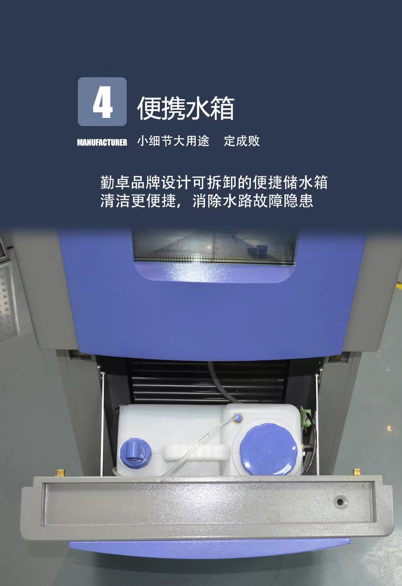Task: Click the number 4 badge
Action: [102, 102]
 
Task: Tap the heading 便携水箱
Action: [185, 109]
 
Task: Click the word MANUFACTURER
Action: [102, 142]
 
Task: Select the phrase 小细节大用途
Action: [173, 141]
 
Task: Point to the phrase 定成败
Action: [242, 141]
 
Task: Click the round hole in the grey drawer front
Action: [340, 502]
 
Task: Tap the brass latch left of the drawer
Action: [61, 473]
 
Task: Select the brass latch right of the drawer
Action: [357, 473]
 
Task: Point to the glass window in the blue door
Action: [214, 246]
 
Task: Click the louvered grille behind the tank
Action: [168, 381]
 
